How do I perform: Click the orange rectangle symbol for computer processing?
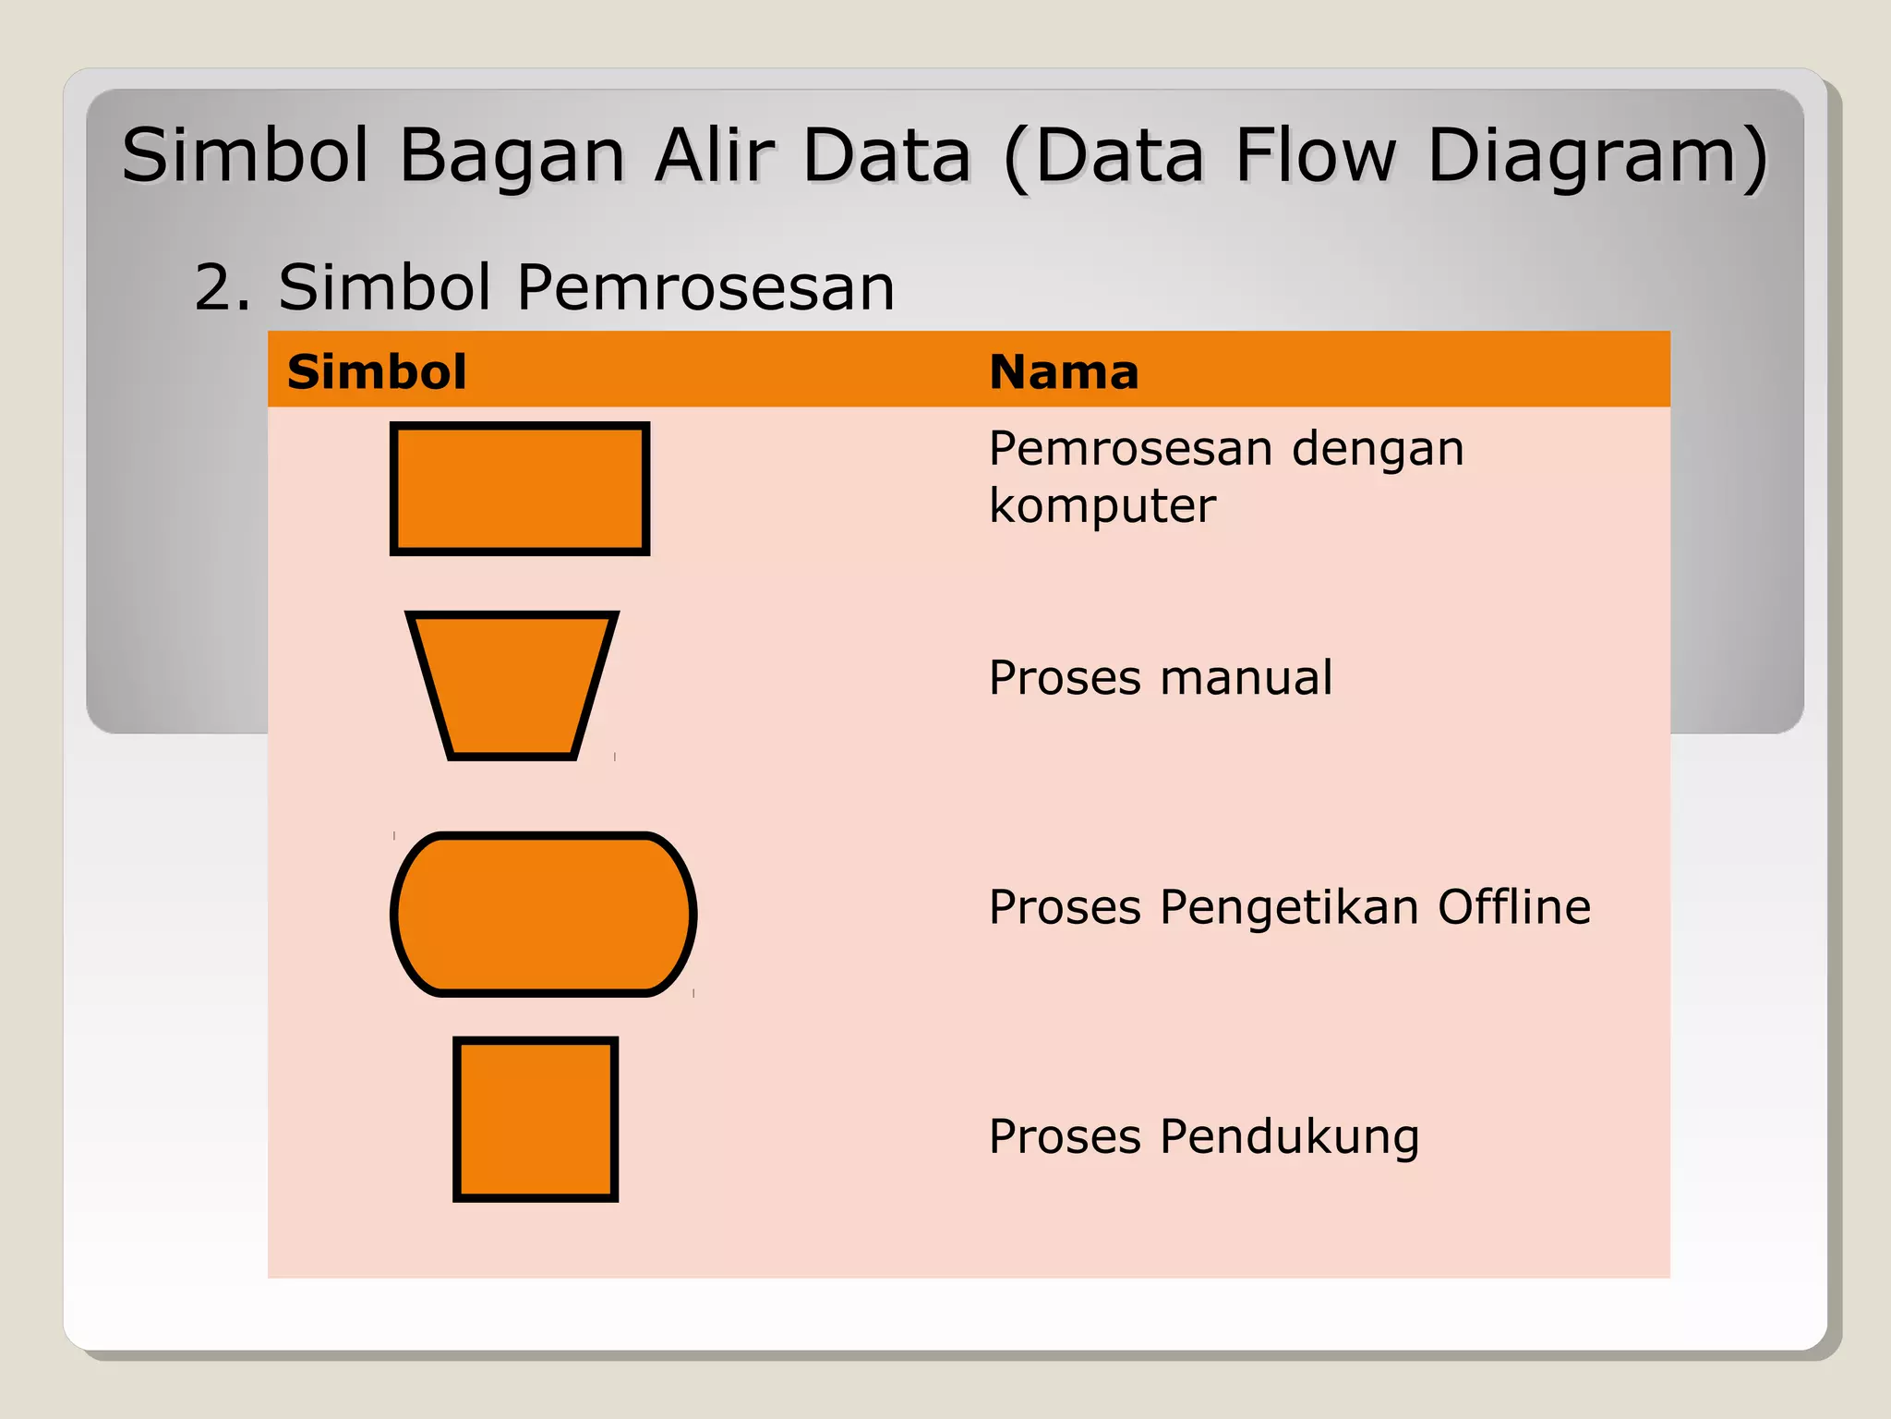tap(520, 489)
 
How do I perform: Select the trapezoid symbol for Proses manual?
tap(512, 685)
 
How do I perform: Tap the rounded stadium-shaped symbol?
tap(544, 914)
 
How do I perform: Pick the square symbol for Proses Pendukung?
tap(536, 1119)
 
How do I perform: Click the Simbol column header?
tap(377, 371)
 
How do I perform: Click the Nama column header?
tap(1064, 371)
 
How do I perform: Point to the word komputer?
tap(1102, 506)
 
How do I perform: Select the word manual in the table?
tap(1247, 677)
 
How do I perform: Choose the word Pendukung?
tap(1289, 1137)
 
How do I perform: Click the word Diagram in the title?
tap(1596, 156)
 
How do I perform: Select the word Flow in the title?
tap(1316, 154)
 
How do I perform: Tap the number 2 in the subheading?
tap(213, 287)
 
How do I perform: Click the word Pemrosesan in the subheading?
tap(705, 287)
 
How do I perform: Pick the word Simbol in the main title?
tap(246, 154)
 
